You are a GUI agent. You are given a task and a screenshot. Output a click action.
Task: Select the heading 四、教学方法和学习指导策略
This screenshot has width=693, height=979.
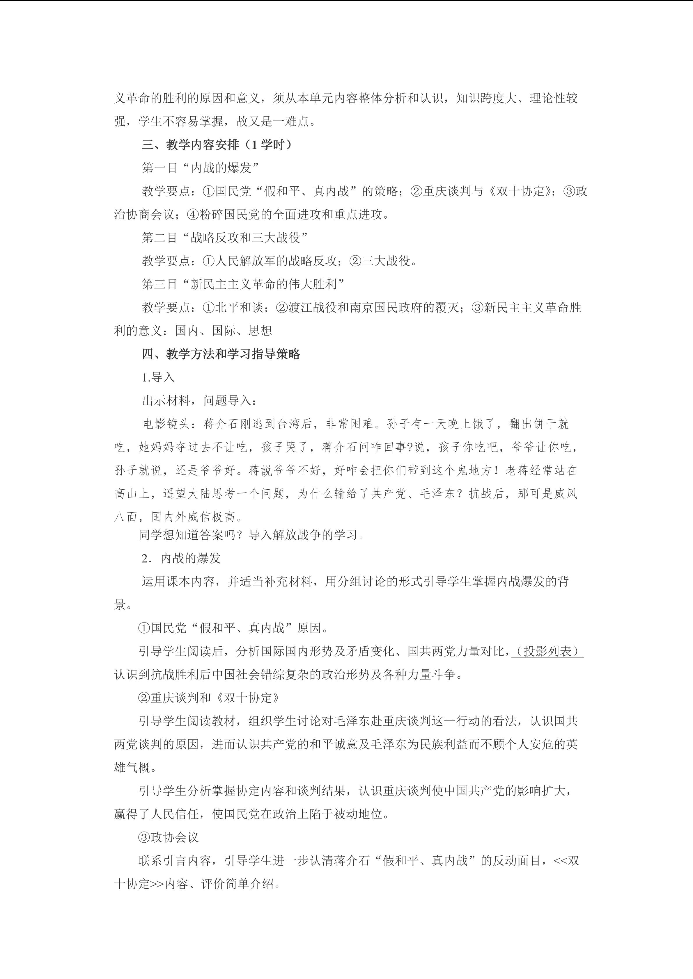[x=221, y=354]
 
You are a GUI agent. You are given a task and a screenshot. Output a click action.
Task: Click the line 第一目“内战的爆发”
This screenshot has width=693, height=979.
[x=200, y=168]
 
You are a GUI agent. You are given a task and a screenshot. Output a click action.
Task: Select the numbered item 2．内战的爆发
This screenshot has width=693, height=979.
[x=181, y=559]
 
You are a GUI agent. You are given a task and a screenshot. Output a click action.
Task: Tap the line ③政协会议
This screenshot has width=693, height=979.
[x=169, y=837]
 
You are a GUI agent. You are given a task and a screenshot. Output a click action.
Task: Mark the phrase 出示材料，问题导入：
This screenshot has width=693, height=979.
[x=199, y=401]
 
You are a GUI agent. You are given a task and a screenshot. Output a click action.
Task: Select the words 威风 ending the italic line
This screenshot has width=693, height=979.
[x=566, y=494]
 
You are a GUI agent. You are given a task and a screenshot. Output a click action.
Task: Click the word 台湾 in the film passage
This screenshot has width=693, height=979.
[x=289, y=424]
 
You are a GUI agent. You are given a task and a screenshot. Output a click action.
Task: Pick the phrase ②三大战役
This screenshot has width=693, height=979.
[x=382, y=261]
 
